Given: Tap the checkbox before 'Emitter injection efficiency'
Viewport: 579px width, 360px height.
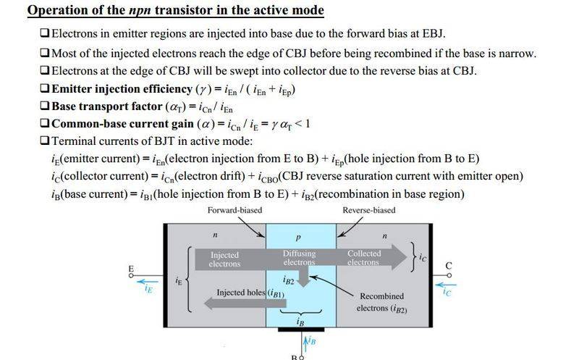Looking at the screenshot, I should pos(46,89).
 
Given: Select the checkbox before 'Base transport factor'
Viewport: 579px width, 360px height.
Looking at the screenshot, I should pos(46,106).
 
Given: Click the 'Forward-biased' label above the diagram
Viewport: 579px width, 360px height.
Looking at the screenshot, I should pos(234,210).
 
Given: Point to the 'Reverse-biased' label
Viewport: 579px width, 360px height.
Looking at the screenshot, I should pos(369,210).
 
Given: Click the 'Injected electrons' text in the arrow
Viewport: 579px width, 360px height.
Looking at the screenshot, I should pos(224,259).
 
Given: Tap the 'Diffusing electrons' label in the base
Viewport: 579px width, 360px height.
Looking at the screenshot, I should pos(299,258).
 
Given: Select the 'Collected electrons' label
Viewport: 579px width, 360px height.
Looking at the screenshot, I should pos(364,258).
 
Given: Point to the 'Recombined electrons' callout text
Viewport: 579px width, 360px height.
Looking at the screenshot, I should pos(381,303).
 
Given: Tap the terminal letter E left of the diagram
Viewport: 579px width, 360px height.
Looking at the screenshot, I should pos(131,269).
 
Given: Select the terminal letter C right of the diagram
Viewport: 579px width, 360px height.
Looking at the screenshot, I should pos(448,267).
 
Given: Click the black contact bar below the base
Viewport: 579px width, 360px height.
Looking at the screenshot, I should pos(300,330).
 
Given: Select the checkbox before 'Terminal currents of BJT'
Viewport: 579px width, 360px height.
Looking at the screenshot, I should pos(46,141).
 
